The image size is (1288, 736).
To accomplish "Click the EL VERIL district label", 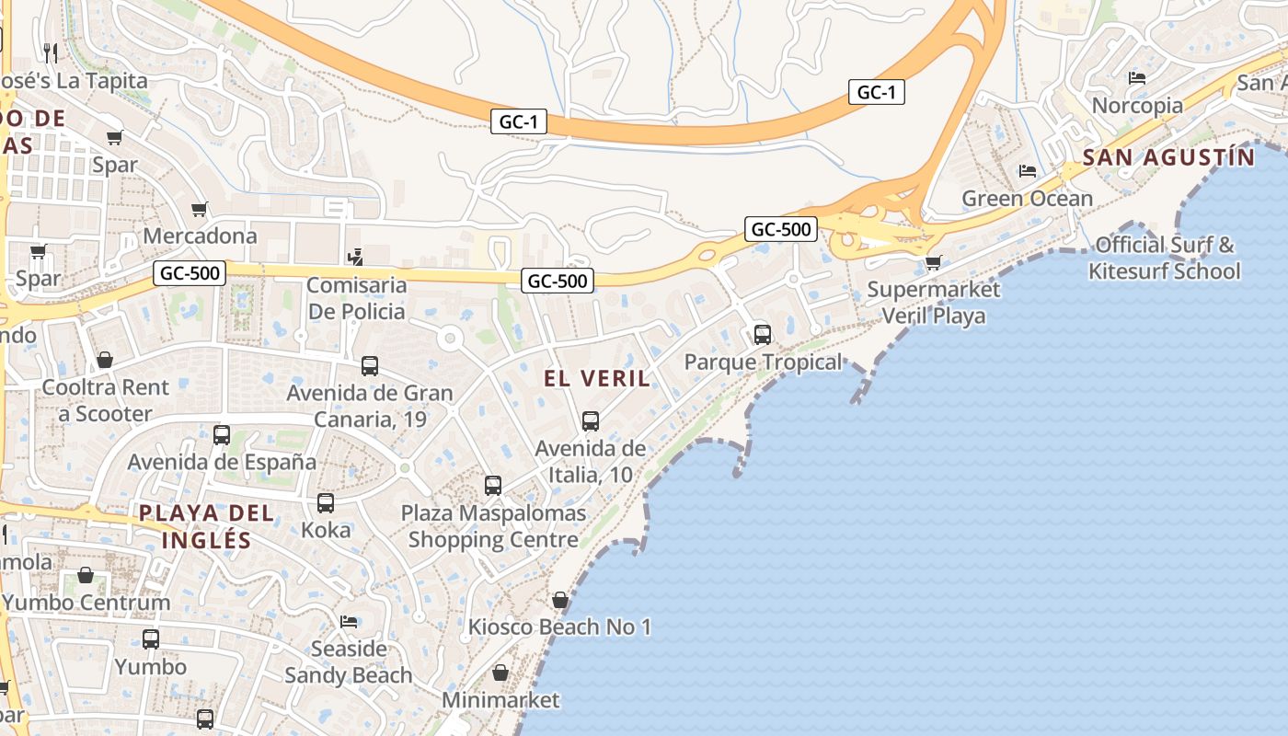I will pyautogui.click(x=596, y=378).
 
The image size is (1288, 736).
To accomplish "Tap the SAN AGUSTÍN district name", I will pyautogui.click(x=1168, y=157).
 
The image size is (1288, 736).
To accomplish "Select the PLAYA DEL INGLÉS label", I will pyautogui.click(x=206, y=526).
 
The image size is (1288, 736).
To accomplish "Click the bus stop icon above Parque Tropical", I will pyautogui.click(x=763, y=334).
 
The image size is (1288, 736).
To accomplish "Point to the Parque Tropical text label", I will pyautogui.click(x=763, y=362).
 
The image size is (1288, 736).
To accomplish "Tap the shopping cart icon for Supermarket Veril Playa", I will pyautogui.click(x=933, y=263).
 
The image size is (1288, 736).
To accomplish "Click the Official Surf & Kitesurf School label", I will pyautogui.click(x=1164, y=259).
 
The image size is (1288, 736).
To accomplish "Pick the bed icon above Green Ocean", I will pyautogui.click(x=1028, y=171).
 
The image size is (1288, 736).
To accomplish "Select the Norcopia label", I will pyautogui.click(x=1137, y=105).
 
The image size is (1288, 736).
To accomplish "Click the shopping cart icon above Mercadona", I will pyautogui.click(x=199, y=210).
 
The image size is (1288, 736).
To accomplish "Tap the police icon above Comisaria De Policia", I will pyautogui.click(x=356, y=258).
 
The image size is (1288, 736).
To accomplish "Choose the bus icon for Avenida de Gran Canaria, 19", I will pyautogui.click(x=370, y=366).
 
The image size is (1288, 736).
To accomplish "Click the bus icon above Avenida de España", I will pyautogui.click(x=222, y=435).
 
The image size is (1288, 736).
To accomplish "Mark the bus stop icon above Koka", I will pyautogui.click(x=326, y=503).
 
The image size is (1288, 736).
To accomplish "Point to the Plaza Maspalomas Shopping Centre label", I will pyautogui.click(x=493, y=526).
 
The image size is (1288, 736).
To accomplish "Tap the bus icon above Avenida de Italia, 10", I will pyautogui.click(x=591, y=421).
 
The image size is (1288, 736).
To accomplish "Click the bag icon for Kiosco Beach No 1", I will pyautogui.click(x=560, y=601).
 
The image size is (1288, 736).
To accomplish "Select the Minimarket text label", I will pyautogui.click(x=500, y=700).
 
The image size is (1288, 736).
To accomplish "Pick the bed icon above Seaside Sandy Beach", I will pyautogui.click(x=349, y=622).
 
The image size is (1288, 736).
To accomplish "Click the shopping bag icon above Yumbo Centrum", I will pyautogui.click(x=86, y=576).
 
